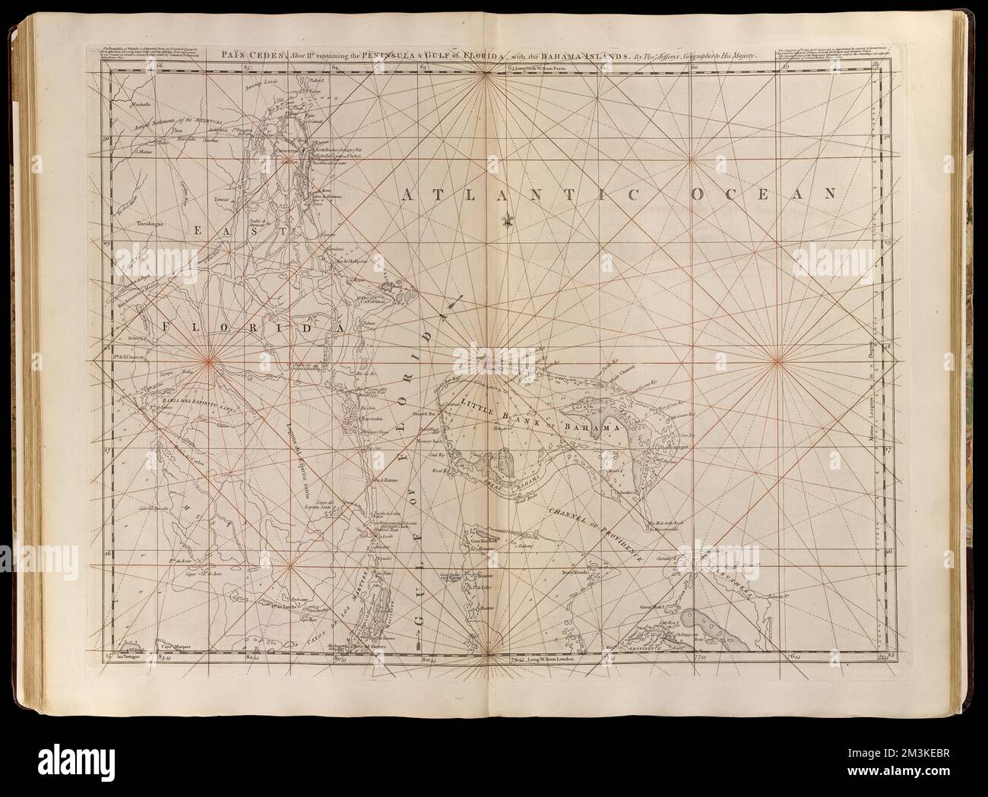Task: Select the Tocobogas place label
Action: [150, 224]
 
